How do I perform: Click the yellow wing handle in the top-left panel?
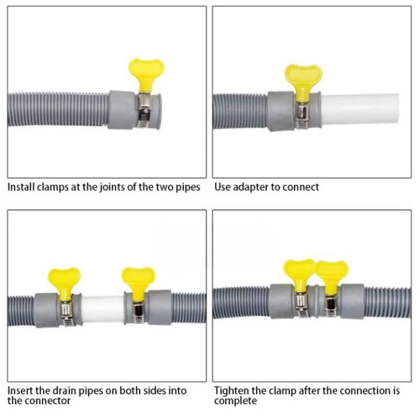click(x=146, y=74)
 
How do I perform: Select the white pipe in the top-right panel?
click(x=360, y=109)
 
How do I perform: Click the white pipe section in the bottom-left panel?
click(x=103, y=309)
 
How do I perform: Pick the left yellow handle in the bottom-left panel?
click(x=64, y=283)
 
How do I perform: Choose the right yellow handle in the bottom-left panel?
click(x=138, y=283)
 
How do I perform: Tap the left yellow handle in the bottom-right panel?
click(x=299, y=274)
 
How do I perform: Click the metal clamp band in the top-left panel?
click(x=144, y=110)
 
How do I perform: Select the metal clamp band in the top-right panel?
click(x=302, y=115)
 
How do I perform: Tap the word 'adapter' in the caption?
click(x=250, y=187)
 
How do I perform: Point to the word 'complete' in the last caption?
click(x=235, y=402)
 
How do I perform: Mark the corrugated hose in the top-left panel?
click(x=58, y=109)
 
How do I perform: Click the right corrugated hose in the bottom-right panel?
click(x=388, y=302)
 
